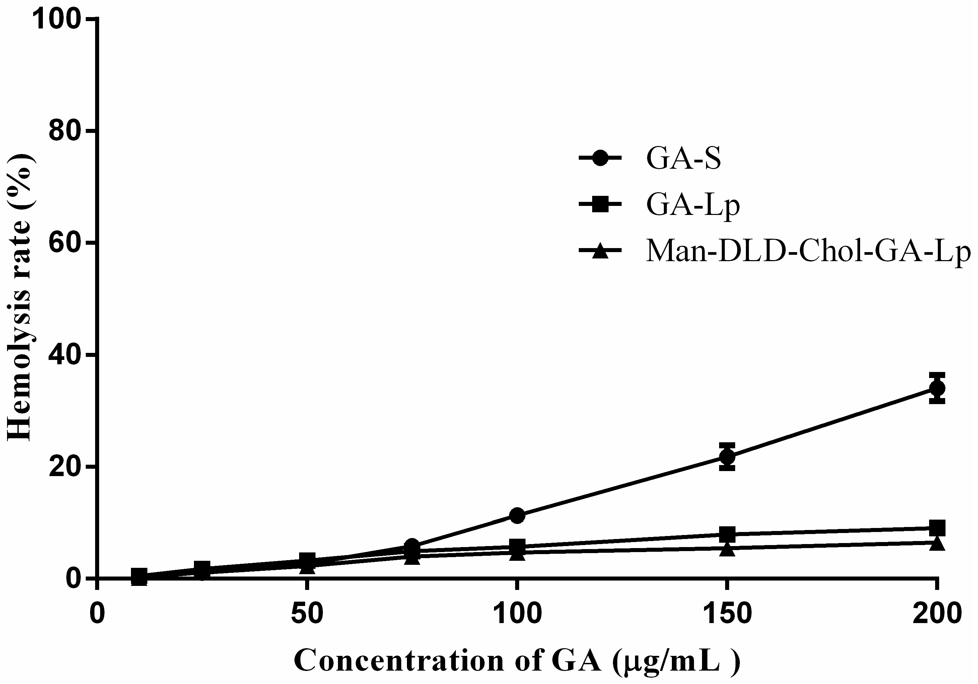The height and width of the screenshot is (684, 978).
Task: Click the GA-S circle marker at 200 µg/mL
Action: click(937, 388)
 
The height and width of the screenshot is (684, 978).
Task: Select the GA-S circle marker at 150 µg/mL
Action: click(727, 457)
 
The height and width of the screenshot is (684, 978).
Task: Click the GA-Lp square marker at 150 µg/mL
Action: click(727, 534)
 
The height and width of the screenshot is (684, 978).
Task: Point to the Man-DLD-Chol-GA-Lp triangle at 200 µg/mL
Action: click(937, 543)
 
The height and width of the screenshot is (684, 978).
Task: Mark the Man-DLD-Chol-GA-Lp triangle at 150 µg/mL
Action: click(727, 549)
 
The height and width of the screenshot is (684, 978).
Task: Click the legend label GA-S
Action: click(684, 159)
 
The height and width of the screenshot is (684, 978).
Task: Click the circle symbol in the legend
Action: click(601, 159)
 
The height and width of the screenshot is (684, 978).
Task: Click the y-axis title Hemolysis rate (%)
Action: click(20, 298)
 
